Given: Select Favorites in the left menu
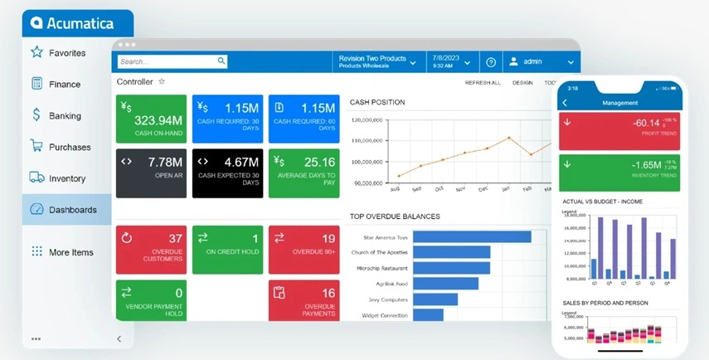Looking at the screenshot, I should point(67,53).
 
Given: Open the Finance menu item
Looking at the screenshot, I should point(65,85).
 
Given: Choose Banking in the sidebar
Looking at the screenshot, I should point(65,116).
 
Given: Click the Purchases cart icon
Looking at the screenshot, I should point(36,147).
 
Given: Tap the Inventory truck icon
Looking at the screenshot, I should point(36,178).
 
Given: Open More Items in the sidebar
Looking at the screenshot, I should point(70,252).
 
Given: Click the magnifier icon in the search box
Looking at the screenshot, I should point(221,61).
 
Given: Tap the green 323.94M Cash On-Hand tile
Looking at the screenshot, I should point(151,119).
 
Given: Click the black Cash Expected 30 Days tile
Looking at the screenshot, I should point(227,173).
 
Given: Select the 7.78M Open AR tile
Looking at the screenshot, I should point(151,173).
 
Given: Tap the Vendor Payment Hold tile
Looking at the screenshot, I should point(151,300).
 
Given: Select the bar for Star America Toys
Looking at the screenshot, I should point(471,237).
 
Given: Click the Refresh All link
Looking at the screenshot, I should point(483,83).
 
